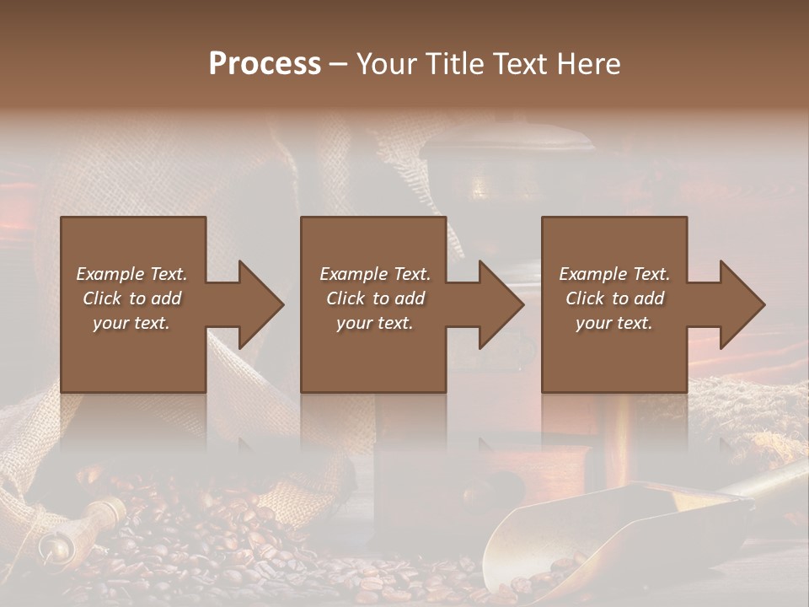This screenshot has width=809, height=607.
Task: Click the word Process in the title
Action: coord(265,63)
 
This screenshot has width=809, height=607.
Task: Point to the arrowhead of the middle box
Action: coord(500,304)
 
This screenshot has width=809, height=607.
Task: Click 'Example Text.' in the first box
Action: coord(131,273)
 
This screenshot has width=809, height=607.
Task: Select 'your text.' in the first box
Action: coord(131,322)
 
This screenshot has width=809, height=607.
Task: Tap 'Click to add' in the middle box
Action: coord(375,298)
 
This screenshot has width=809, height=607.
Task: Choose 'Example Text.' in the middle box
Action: coord(375,273)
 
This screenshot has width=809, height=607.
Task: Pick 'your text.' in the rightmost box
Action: coord(614,322)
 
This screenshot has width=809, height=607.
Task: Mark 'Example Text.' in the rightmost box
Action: coord(614,273)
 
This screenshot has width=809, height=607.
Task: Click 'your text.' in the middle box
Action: coord(375,322)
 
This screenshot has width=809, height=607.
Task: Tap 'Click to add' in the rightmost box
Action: coord(614,298)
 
